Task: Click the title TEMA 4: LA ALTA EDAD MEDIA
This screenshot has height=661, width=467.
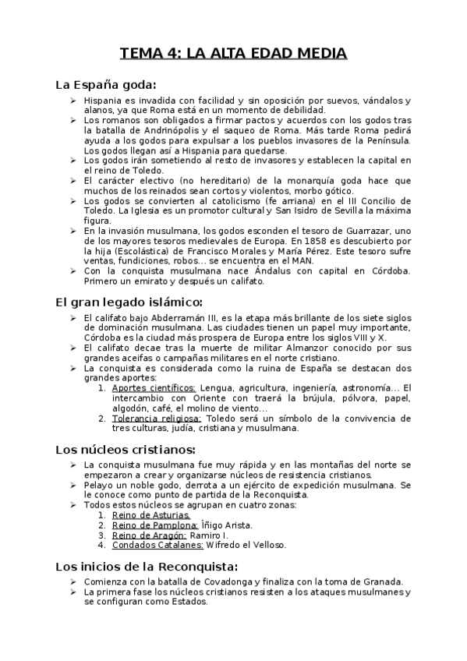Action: coord(233,54)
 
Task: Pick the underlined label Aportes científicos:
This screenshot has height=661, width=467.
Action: coord(154,387)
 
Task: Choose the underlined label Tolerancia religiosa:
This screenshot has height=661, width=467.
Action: coord(156,418)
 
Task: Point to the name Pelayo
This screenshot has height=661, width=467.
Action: coord(97,486)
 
